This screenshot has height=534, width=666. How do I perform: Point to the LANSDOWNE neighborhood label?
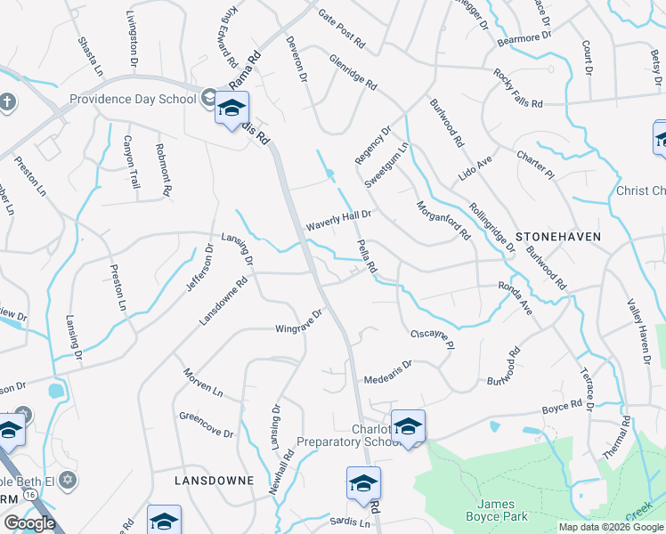coord(214,480)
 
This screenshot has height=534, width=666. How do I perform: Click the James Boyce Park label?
coord(496,510)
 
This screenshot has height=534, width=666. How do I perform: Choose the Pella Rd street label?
coord(367,256)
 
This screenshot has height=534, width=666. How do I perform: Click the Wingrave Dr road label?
coord(297,320)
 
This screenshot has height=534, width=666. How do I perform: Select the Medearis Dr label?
coord(387,372)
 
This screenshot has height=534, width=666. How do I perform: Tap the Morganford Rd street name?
coord(443,219)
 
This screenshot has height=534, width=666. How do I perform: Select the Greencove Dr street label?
coord(206,425)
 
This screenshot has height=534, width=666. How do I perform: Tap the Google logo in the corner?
coord(29,523)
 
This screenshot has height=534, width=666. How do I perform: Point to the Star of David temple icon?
coord(69,481)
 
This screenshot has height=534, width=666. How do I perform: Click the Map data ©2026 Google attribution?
coord(610,527)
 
